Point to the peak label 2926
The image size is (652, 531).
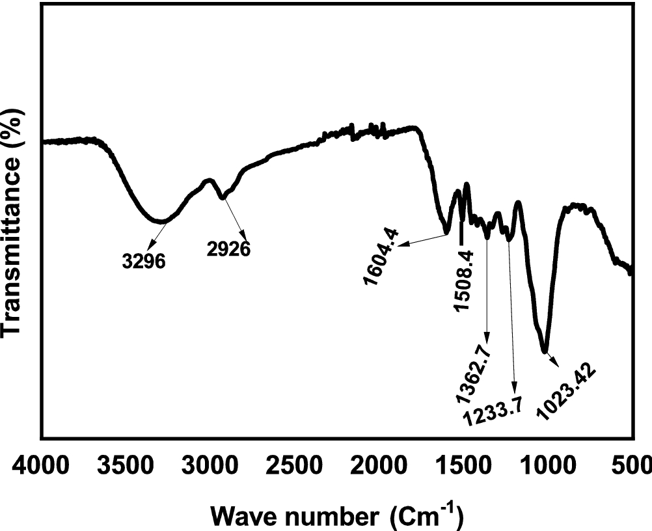(x=229, y=248)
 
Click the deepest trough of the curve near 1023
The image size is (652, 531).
(x=545, y=351)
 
